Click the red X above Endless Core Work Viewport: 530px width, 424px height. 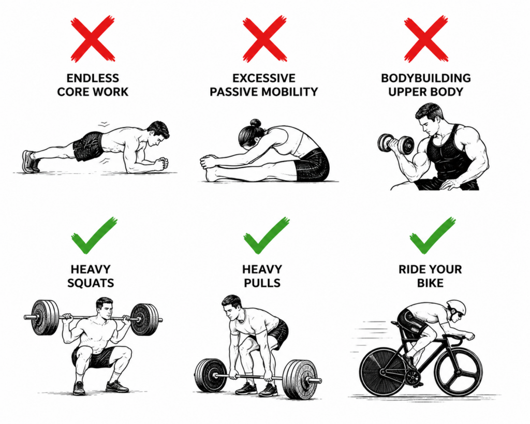coord(93,39)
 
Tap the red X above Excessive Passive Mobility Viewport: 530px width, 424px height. coord(264,39)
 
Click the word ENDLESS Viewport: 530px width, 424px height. coord(93,78)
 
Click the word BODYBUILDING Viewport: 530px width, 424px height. coord(426,78)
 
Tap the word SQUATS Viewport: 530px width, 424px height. coord(91,283)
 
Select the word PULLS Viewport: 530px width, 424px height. coord(262,283)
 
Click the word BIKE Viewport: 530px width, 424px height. coord(430,283)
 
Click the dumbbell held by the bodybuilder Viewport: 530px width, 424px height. coord(396,143)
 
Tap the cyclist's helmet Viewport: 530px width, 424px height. coord(456,308)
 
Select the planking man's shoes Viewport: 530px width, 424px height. coord(31,162)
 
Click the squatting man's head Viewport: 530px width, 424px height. coord(105,308)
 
